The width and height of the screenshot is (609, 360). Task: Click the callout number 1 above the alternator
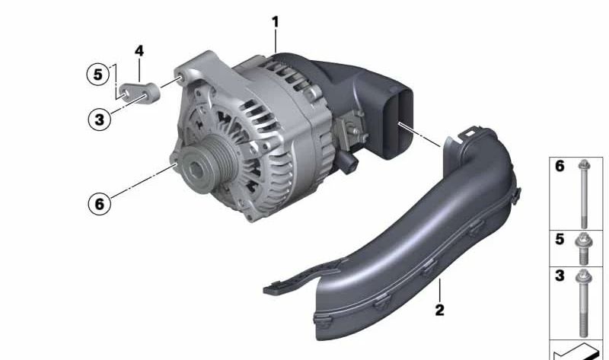point(276,22)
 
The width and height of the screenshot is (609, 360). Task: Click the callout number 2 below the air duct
point(439,310)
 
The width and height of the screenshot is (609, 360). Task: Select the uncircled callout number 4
point(139,51)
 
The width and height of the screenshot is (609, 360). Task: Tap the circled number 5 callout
point(98,74)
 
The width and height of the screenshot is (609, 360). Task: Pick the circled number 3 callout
point(100,119)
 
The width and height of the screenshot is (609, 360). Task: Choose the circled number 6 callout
point(100,203)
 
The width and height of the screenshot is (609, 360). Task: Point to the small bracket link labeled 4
point(140,92)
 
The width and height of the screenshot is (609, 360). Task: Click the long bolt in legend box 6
point(584,193)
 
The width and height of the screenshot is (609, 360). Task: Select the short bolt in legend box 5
point(584,248)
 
